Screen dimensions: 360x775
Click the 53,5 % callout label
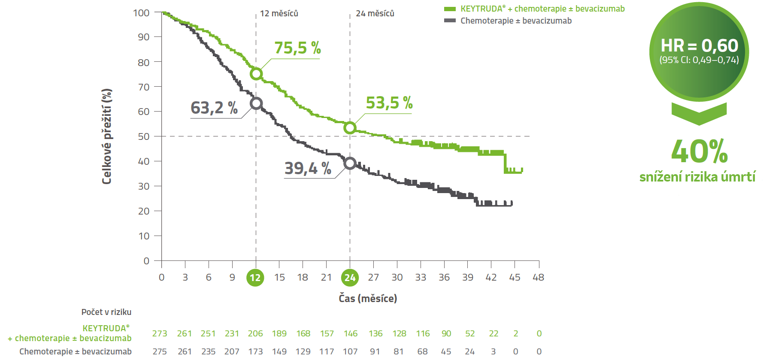click(389, 103)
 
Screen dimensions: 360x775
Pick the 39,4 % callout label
click(308, 168)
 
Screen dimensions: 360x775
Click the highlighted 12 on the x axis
click(255, 278)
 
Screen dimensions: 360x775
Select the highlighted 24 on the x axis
click(350, 278)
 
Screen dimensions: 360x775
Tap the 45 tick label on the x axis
click(515, 278)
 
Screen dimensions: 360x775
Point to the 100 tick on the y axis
click(141, 13)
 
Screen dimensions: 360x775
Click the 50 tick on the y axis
click(144, 136)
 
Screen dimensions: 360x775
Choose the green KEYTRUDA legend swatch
click(450, 9)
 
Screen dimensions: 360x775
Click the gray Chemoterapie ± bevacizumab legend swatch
click(450, 21)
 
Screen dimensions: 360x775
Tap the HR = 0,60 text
click(699, 45)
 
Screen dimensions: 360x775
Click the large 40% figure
click(699, 151)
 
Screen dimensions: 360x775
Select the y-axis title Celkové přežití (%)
click(107, 136)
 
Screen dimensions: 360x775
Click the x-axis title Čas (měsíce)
click(368, 298)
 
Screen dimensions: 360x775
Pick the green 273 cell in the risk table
click(160, 334)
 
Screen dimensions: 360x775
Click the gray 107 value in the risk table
click(350, 351)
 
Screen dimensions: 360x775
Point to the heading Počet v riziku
click(106, 312)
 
